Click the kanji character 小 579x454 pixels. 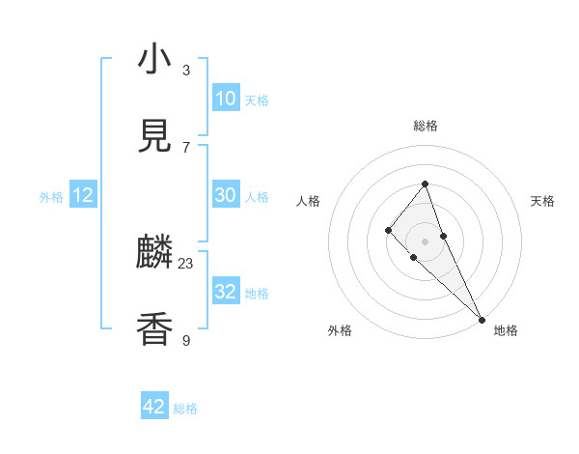[155, 60]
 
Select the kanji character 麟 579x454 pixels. [155, 254]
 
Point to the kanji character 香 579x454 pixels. [155, 329]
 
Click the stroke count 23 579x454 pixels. [186, 263]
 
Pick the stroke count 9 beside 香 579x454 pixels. [186, 339]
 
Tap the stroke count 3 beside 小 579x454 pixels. [186, 70]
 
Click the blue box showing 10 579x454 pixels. [226, 99]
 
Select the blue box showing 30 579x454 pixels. [226, 195]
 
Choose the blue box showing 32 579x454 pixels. [226, 292]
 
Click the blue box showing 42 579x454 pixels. [154, 407]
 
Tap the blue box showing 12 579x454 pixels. [83, 195]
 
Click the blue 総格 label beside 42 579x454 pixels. [185, 409]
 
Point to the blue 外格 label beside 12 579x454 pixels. [51, 197]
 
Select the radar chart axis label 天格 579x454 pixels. [543, 201]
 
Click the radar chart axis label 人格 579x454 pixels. [308, 201]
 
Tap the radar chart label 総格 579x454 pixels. [426, 126]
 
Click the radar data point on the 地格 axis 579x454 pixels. [482, 318]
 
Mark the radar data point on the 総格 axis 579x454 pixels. [426, 184]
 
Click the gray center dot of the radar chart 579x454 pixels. [426, 241]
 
